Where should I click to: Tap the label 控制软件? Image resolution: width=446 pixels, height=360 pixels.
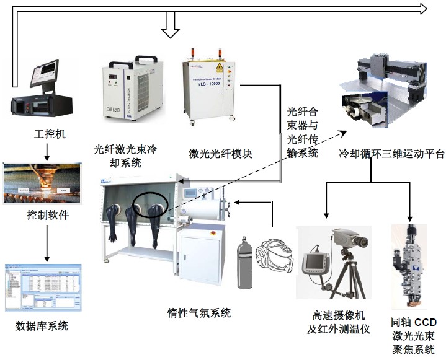pyautogui.click(x=47, y=216)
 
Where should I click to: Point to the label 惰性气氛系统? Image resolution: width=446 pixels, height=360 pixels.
pyautogui.click(x=199, y=313)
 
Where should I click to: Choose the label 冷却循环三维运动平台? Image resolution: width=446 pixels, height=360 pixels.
pyautogui.click(x=386, y=153)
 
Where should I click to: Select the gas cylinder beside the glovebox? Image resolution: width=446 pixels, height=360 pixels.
pyautogui.click(x=246, y=264)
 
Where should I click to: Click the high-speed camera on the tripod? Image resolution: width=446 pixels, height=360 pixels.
pyautogui.click(x=350, y=238)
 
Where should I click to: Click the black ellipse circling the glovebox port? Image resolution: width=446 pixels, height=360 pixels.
pyautogui.click(x=149, y=204)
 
